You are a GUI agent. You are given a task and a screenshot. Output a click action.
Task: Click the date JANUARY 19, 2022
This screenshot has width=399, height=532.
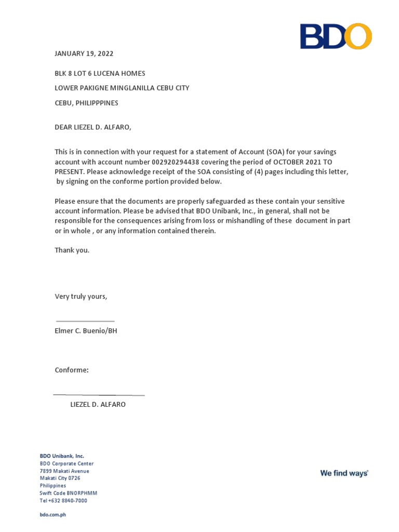coord(84,54)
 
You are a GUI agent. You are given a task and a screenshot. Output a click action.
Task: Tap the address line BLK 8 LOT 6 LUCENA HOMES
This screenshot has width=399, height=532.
coord(100,73)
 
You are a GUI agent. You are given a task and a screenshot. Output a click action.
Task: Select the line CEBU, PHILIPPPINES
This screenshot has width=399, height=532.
coord(87,103)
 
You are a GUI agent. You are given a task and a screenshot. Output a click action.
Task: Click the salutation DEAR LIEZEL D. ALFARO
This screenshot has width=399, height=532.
coord(90,127)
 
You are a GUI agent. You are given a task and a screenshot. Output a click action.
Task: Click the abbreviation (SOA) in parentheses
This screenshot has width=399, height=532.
coord(276,152)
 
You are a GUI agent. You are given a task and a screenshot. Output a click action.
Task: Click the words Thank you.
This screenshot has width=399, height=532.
coord(72,250)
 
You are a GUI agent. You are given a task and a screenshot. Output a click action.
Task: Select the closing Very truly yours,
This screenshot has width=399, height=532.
coord(81,296)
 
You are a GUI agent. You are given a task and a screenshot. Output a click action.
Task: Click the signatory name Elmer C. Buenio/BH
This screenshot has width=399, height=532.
coord(86,330)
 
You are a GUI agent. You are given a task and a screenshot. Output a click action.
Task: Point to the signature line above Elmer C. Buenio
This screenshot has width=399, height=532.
coord(85,321)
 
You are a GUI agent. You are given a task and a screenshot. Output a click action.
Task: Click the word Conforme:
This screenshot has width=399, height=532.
coord(72,370)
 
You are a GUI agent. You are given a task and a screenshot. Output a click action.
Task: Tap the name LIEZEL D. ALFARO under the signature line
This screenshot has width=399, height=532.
coord(98,404)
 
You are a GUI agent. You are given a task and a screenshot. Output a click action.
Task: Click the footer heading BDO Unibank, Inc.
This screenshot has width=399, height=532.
coord(62,456)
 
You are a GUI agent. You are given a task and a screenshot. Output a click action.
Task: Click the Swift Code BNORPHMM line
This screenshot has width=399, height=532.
coord(69,493)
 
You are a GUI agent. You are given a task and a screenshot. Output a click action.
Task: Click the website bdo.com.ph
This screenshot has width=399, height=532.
coord(53,514)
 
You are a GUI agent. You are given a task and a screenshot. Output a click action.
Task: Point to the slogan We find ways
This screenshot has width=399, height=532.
coord(344,473)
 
